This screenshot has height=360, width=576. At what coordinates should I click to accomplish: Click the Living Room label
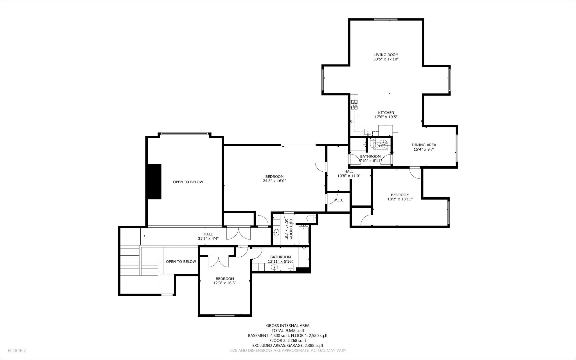[386, 55]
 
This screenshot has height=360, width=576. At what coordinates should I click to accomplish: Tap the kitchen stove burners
[354, 105]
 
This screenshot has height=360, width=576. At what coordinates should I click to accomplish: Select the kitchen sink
[368, 132]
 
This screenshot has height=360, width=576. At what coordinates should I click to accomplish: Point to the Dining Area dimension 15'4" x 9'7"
[424, 149]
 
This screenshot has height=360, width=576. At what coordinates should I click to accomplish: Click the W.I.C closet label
[338, 200]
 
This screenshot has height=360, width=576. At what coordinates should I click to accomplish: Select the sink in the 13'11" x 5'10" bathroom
[274, 267]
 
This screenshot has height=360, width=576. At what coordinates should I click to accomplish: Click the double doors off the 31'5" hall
[238, 233]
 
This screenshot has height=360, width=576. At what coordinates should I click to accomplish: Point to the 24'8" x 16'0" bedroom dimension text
[274, 181]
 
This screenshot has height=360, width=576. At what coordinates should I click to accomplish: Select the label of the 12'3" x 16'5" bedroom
[225, 279]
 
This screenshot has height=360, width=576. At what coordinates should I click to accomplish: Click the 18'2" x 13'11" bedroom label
[400, 195]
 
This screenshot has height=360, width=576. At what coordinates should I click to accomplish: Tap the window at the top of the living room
[386, 19]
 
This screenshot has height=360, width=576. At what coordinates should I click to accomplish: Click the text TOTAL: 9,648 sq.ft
[288, 331]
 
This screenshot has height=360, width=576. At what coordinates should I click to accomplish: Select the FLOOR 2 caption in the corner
[17, 350]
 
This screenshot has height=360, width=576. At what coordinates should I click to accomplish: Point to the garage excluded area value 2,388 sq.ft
[312, 346]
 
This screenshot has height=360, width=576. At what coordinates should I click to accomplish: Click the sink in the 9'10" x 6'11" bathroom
[383, 142]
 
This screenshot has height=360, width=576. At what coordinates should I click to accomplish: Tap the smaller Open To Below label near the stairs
[181, 261]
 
